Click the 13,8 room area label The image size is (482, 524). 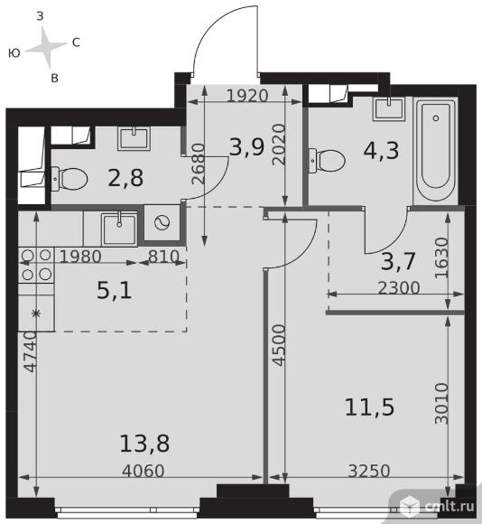144,444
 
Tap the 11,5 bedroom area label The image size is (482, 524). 369,407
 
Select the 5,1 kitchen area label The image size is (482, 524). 114,290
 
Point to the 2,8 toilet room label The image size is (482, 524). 125,178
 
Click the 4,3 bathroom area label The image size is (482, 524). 381,150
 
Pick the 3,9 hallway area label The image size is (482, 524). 247,147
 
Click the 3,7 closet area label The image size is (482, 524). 398,261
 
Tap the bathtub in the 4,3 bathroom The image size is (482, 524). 435,150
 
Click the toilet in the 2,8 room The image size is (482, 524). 70,179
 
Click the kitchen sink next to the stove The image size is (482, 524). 119,229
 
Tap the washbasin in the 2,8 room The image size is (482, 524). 134,138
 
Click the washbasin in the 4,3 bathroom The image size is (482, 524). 389,108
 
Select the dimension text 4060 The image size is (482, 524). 144,472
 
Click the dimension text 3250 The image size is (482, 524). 369,472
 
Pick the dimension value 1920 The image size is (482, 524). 247,96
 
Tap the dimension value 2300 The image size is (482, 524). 399,287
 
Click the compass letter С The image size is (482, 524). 76,42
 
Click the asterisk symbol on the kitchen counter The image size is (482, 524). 36,313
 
